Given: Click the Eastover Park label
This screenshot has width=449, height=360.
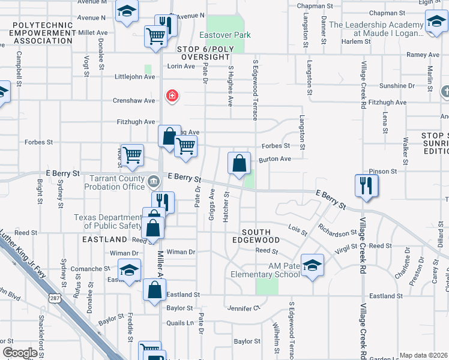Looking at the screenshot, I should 225,35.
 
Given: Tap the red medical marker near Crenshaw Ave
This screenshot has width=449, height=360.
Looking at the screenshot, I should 172,95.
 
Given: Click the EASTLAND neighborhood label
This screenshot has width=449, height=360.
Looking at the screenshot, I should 104,239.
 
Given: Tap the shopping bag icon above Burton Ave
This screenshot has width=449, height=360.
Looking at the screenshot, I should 239,163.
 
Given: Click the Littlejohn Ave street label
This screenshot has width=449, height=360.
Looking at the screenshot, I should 134,77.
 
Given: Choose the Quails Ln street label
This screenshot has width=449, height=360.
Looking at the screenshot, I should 181,323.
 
